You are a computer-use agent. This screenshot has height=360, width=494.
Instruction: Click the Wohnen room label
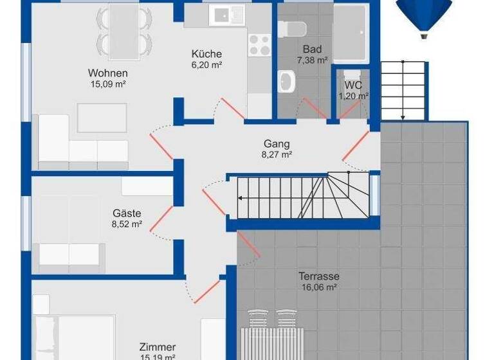107,73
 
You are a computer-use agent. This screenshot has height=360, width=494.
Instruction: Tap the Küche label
206,54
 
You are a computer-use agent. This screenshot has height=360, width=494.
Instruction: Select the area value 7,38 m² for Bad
313,60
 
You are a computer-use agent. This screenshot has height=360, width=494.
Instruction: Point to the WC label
353,85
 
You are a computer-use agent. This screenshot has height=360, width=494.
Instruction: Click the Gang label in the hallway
277,143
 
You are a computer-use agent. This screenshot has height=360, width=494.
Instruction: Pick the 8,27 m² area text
277,154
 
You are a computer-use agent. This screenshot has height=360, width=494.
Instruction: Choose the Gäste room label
126,213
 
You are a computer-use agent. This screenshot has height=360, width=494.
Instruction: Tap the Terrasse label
318,276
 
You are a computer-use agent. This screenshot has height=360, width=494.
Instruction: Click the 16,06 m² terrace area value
318,287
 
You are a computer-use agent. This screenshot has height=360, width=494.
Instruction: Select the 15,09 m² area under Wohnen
107,84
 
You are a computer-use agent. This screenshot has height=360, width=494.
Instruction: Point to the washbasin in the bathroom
286,82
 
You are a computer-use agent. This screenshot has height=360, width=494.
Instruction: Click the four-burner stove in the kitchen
259,45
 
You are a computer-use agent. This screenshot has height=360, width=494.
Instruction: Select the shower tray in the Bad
351,32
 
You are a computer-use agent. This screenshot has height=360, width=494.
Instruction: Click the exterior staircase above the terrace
404,90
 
